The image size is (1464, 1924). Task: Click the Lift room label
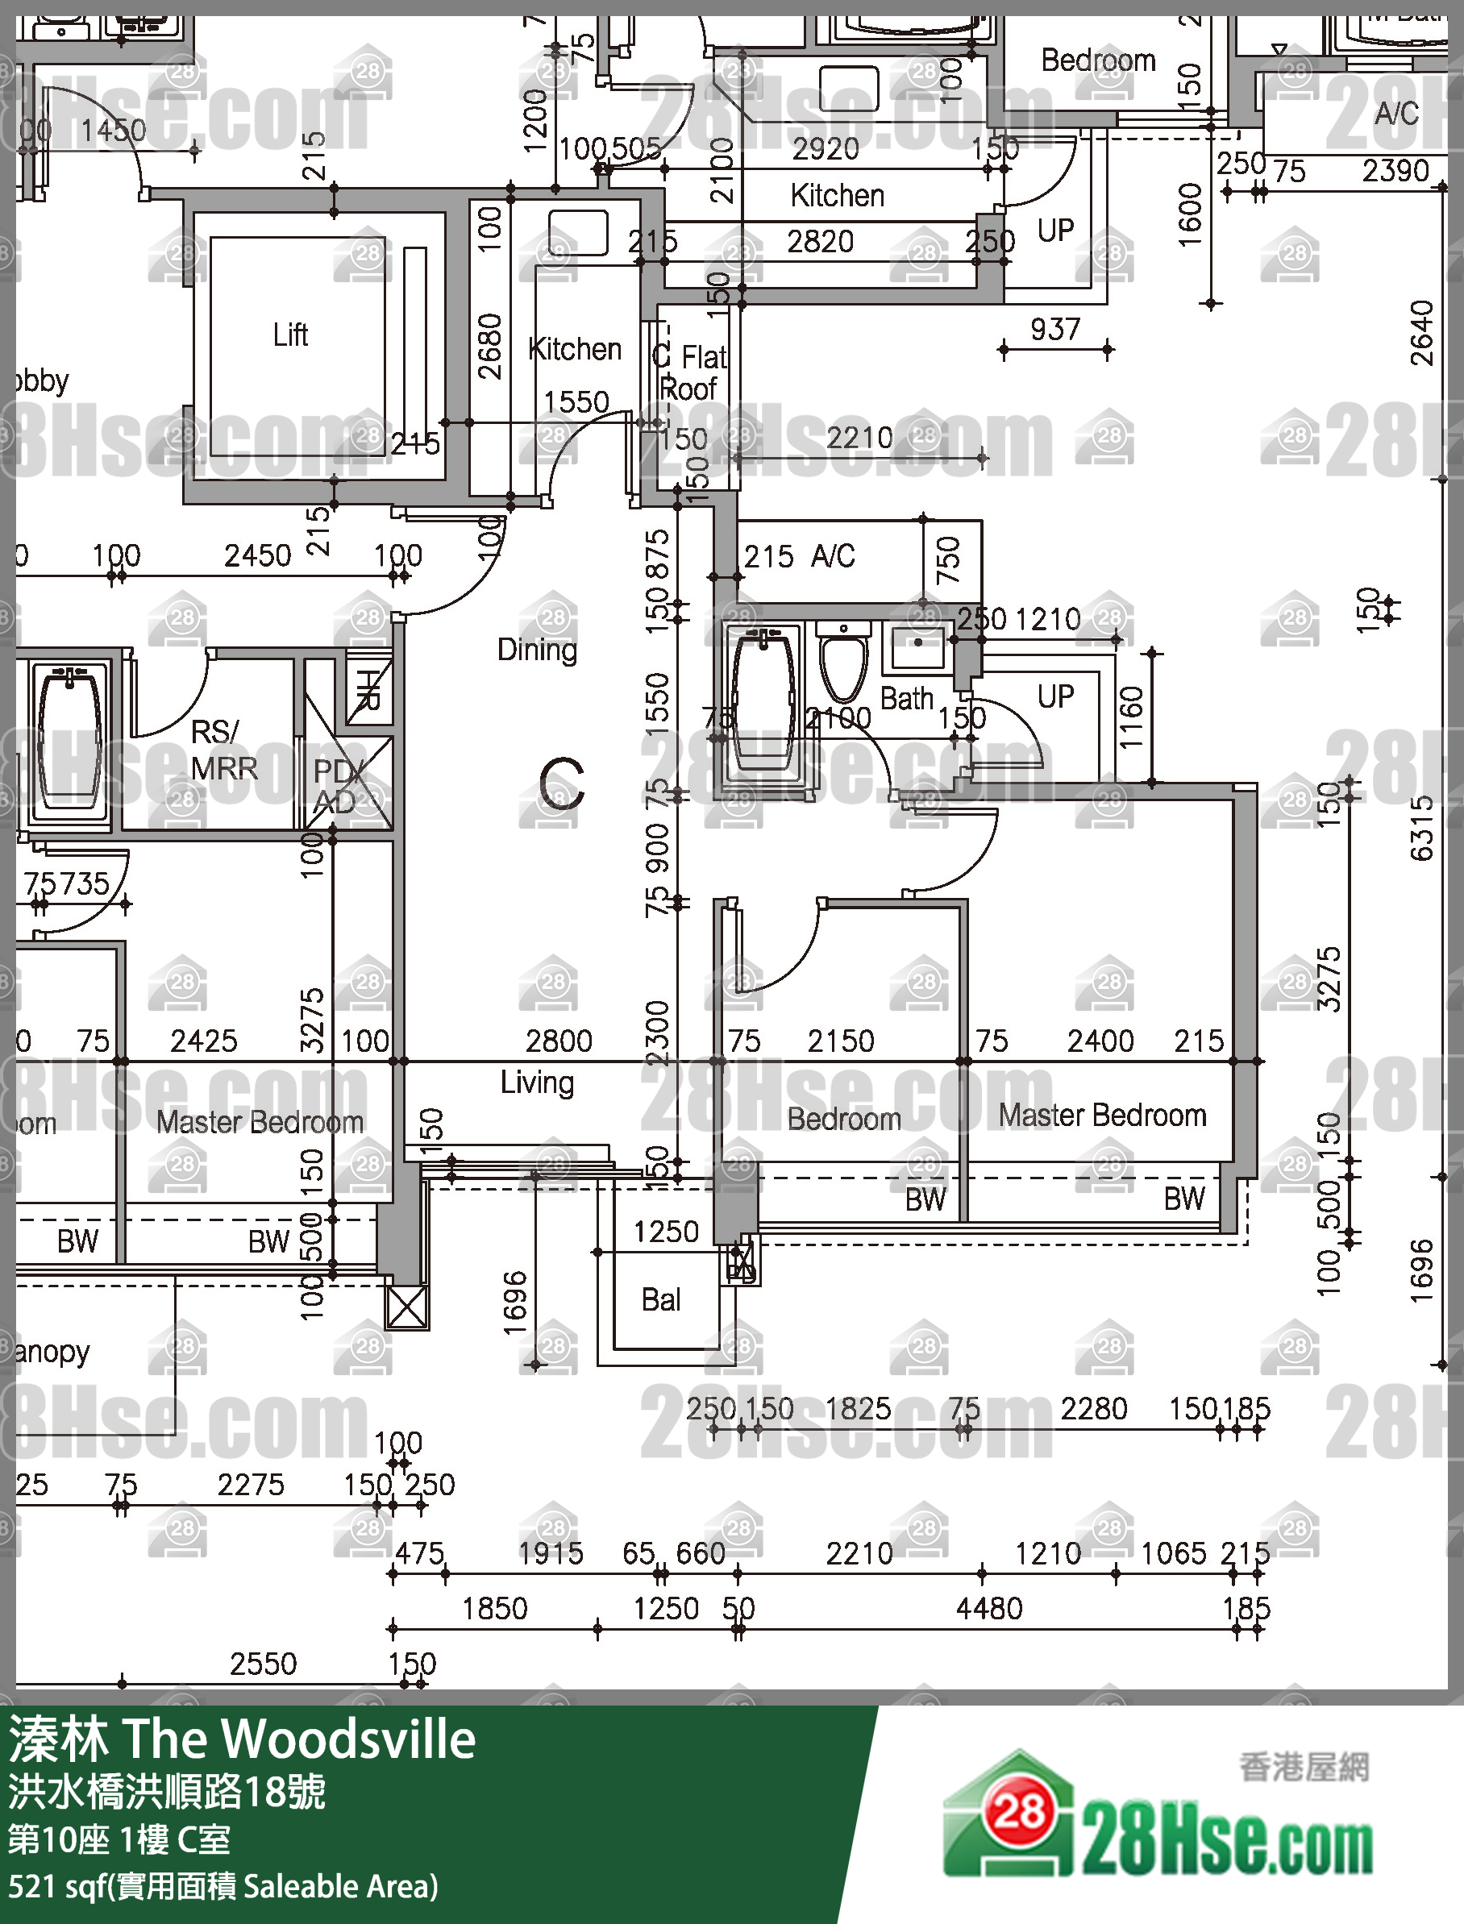pyautogui.click(x=290, y=335)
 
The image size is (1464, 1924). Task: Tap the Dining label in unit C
pyautogui.click(x=537, y=649)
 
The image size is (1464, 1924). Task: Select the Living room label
pyautogui.click(x=537, y=1083)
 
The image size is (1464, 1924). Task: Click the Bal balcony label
pyautogui.click(x=660, y=1299)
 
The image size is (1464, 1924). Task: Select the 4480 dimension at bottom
pyautogui.click(x=989, y=1608)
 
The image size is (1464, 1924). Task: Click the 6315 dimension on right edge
pyautogui.click(x=1420, y=828)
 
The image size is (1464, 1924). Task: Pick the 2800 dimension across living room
pyautogui.click(x=559, y=1041)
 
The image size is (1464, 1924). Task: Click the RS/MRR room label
pyautogui.click(x=224, y=750)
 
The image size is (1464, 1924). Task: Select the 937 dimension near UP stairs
pyautogui.click(x=1054, y=329)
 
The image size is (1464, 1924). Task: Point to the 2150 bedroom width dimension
pyautogui.click(x=840, y=1041)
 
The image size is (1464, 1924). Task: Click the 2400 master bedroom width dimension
pyautogui.click(x=1100, y=1041)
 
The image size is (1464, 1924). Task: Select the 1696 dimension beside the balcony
pyautogui.click(x=515, y=1303)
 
